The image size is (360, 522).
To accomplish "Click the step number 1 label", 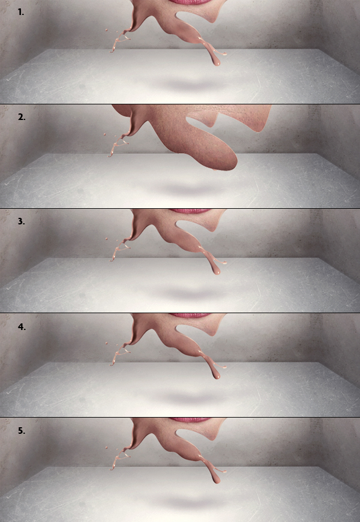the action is pos(21,13).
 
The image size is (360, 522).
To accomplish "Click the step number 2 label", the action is pos(22,117).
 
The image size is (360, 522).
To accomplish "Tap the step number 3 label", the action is pos(22,221).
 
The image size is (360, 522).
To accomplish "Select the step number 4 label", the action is pos(22,326).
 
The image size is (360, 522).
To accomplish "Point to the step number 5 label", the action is pos(22,430).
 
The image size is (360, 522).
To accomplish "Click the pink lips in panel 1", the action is pos(190,2).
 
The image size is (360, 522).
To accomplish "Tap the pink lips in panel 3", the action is pos(190,211).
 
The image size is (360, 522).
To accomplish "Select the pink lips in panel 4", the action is pos(190,315).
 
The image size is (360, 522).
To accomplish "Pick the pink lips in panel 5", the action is pos(190,419).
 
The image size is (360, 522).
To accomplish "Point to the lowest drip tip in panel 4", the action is pos(217,377).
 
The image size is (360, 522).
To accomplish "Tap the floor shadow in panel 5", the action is pos(190,502).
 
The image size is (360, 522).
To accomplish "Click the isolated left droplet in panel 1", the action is pos(106,30).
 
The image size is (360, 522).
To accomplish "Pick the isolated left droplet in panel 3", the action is pos(106,239).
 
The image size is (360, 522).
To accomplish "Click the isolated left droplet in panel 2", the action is pos(104,134).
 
